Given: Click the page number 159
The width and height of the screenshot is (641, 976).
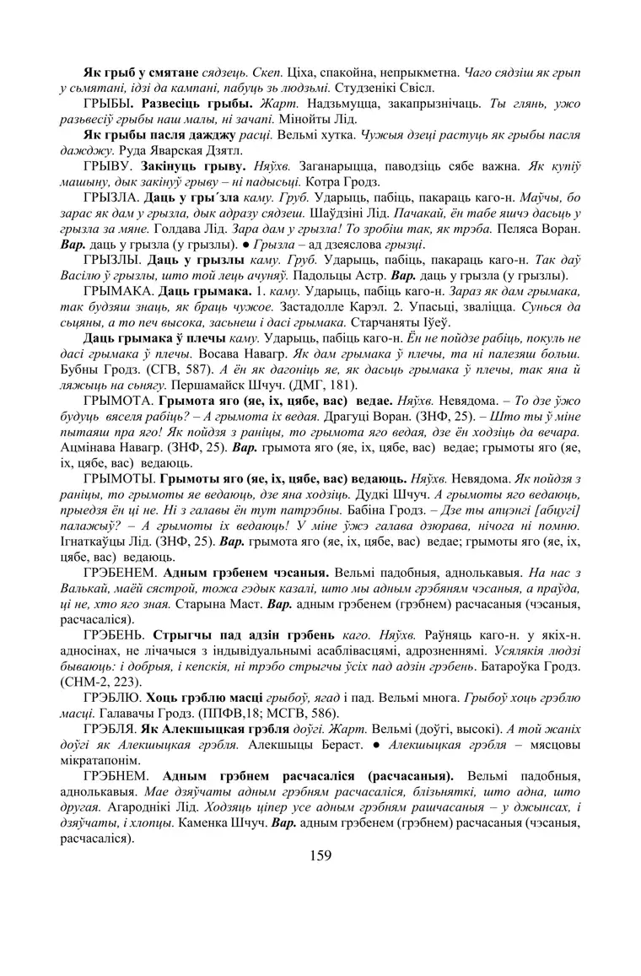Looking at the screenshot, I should click(x=320, y=856).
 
